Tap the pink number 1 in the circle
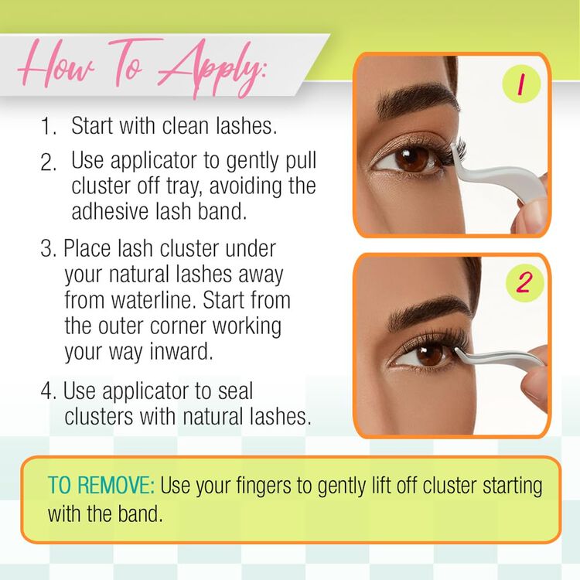click(520, 84)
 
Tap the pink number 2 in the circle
click(524, 282)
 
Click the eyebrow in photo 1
click(416, 98)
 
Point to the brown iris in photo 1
click(411, 159)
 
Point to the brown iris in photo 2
click(429, 354)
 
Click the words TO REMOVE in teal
click(101, 485)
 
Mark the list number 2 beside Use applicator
click(48, 162)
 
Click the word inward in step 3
click(181, 350)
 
